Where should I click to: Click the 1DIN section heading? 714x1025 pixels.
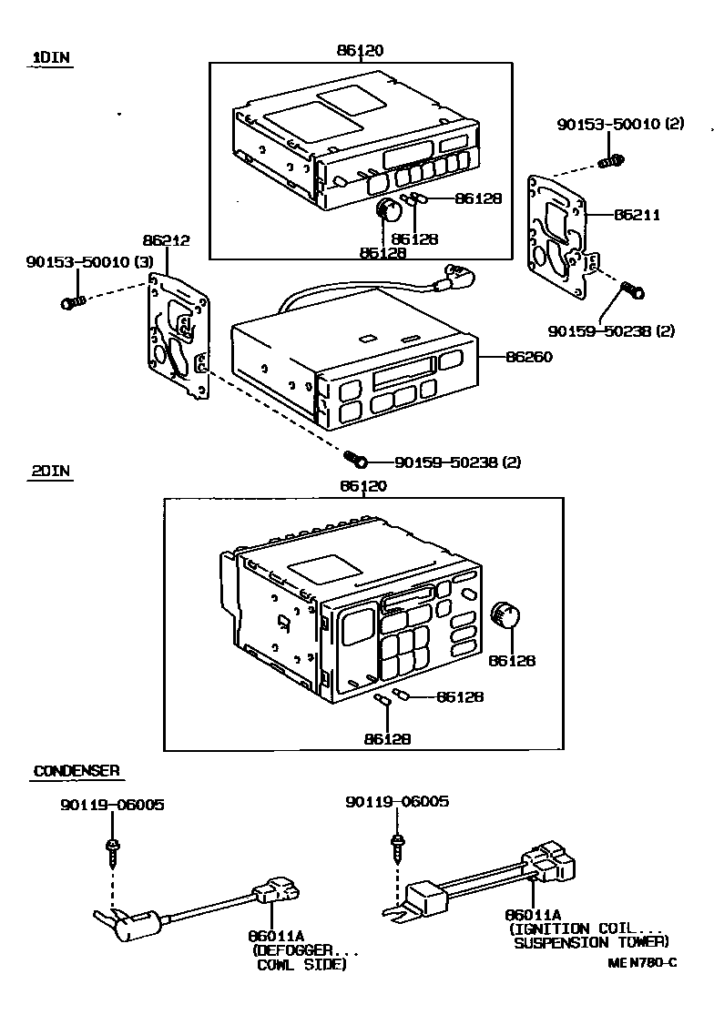52,57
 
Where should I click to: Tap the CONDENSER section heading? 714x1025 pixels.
76,771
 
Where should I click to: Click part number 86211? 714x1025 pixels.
636,216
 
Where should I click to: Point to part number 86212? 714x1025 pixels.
166,240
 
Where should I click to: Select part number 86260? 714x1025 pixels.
529,357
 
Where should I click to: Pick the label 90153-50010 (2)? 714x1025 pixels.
620,124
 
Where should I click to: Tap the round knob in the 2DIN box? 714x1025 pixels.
503,616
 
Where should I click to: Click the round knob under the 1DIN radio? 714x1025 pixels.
391,210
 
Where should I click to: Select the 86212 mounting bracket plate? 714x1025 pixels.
178,337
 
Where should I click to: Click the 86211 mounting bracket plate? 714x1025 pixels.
558,238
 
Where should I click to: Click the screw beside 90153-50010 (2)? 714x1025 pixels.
611,162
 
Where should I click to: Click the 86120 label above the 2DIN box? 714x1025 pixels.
362,486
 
